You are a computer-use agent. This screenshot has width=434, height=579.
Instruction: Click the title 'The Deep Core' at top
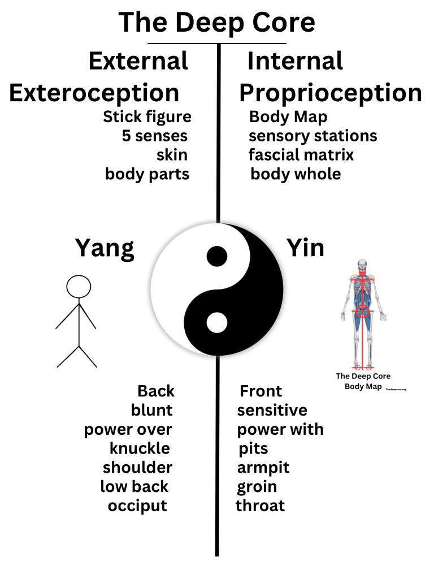[216, 23]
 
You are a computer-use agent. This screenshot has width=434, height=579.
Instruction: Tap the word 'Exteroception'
[94, 93]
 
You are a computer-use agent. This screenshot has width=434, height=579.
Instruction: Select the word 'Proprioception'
[331, 93]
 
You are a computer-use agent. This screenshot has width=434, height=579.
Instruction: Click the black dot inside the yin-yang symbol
[216, 256]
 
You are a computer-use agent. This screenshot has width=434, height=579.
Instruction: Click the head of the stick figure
[79, 287]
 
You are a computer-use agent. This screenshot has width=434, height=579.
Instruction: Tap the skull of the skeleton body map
[362, 265]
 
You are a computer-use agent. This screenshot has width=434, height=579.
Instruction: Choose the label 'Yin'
[305, 247]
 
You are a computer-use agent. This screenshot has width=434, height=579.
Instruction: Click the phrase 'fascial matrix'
[301, 154]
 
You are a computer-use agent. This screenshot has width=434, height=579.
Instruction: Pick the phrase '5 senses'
[154, 136]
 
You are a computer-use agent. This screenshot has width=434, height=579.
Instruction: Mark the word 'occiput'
[137, 505]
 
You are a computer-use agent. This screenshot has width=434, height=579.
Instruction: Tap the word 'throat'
[260, 505]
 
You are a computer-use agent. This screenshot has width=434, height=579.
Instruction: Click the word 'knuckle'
[140, 448]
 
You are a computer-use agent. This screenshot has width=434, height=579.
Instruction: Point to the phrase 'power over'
[128, 429]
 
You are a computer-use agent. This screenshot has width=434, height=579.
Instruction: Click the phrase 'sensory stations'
[313, 136]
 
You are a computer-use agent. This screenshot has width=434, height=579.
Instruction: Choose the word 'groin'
[257, 486]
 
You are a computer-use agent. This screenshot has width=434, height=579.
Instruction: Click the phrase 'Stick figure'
[147, 117]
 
